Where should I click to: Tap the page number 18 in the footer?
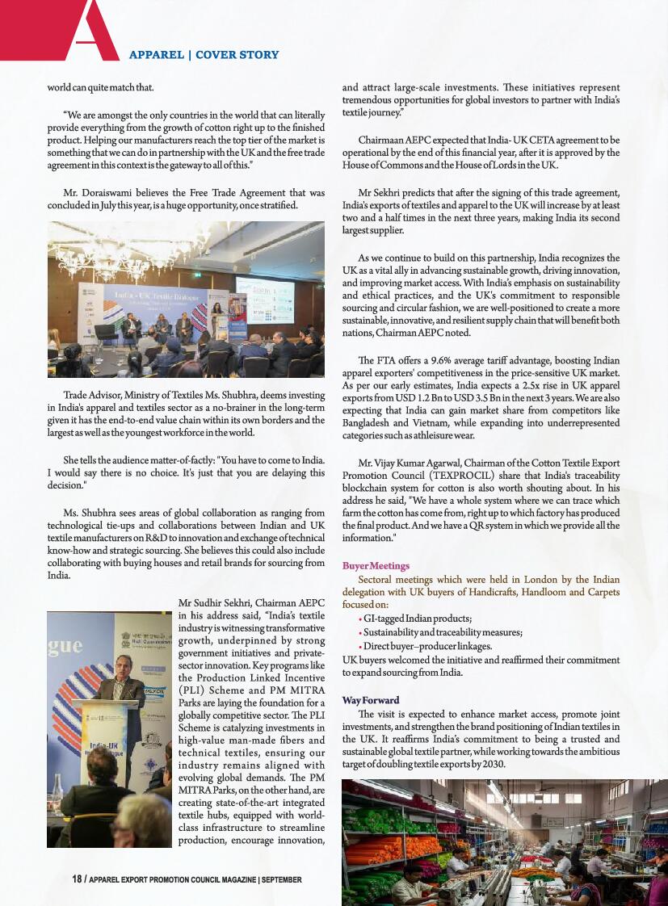(x=78, y=879)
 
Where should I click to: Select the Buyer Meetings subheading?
(x=376, y=566)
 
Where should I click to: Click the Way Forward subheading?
(x=371, y=700)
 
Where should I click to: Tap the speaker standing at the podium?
(x=119, y=700)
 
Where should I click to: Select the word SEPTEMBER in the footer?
(x=282, y=879)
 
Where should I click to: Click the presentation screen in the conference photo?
(x=264, y=296)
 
